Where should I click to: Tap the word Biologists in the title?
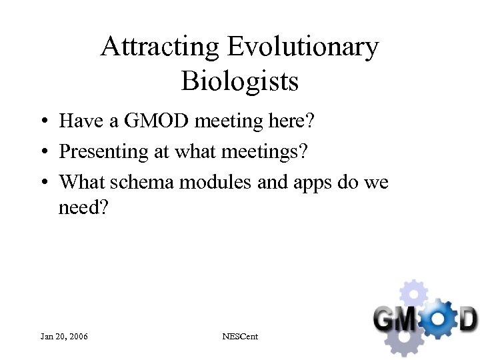pos(240,81)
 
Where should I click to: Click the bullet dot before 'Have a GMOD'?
pos(42,122)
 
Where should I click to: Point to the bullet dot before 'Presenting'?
pos(42,152)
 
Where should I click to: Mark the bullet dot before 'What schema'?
pos(42,182)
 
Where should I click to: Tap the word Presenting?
pos(103,151)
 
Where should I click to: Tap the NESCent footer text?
pos(240,337)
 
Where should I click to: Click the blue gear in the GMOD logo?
pos(436,318)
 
